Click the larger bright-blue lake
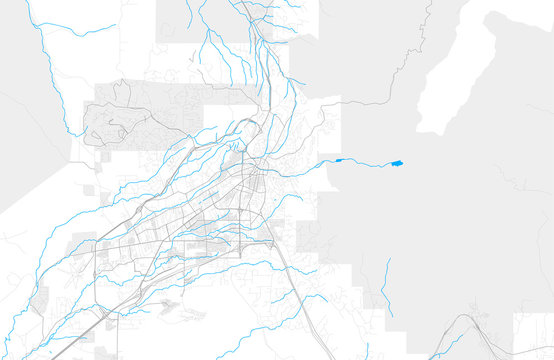click(397, 162)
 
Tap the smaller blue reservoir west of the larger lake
click(339, 160)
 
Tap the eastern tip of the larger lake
click(403, 162)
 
